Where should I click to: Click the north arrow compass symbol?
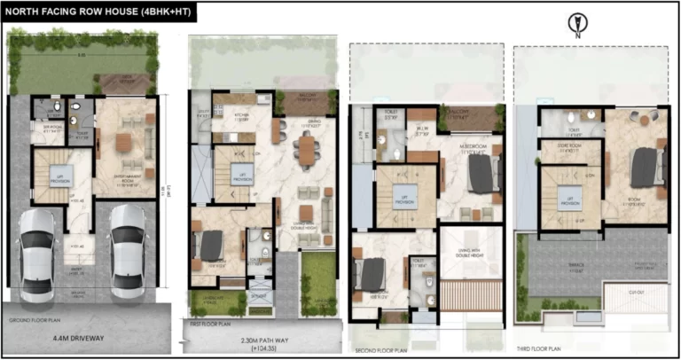tap(576, 24)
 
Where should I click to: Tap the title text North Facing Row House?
tap(98, 12)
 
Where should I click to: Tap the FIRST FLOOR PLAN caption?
tap(213, 325)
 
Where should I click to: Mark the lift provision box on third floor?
tap(565, 199)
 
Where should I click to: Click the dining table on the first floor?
tap(307, 150)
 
